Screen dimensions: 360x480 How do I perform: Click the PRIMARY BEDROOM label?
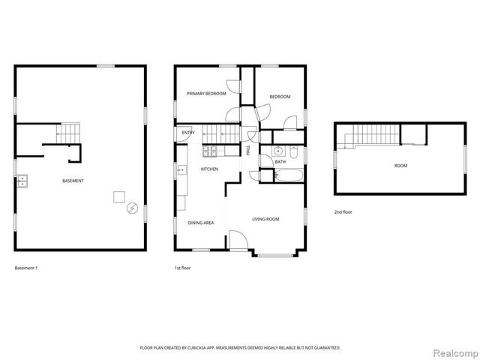point(206,94)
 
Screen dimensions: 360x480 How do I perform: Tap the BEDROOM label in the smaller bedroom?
point(280,97)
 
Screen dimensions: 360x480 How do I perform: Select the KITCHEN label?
point(209,169)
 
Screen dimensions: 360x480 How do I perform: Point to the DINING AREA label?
point(200,223)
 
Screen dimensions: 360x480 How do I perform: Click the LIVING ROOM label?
point(265,219)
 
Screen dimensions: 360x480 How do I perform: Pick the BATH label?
point(280,162)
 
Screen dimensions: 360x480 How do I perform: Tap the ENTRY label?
point(187,133)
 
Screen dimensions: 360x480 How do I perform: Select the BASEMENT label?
point(73,181)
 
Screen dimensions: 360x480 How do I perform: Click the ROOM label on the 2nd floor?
point(400,165)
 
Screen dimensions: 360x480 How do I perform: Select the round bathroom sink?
point(276,148)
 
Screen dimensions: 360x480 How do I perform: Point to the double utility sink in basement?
point(22,181)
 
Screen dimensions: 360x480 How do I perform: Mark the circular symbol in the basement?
point(133,208)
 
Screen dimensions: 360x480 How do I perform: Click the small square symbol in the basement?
point(118,196)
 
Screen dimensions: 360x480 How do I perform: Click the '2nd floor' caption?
point(343,212)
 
